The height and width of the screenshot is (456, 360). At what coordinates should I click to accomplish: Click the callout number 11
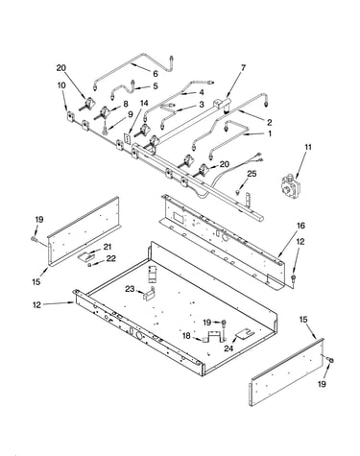(308, 147)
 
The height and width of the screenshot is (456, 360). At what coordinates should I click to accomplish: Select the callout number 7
(243, 68)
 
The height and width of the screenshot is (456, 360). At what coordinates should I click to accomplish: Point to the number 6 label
(156, 74)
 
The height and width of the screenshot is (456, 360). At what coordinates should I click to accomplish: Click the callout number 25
(252, 174)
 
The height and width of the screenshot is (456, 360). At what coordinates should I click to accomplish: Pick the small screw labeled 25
(237, 192)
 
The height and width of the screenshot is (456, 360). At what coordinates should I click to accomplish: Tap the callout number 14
(144, 103)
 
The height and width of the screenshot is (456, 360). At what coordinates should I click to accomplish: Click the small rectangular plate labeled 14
(128, 138)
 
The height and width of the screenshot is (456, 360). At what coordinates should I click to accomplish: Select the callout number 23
(130, 289)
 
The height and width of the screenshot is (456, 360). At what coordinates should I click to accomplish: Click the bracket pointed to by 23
(149, 294)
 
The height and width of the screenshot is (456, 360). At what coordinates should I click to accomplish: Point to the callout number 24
(228, 348)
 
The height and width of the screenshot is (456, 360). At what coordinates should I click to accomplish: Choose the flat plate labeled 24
(245, 334)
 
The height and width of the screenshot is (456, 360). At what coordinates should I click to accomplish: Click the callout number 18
(186, 336)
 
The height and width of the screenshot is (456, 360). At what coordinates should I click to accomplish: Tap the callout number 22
(111, 258)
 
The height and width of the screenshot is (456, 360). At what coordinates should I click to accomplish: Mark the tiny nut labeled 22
(90, 264)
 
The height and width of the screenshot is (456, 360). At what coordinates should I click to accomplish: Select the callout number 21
(108, 247)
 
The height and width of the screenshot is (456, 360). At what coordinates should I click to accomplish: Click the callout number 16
(300, 226)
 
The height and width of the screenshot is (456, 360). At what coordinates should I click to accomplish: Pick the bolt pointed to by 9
(105, 129)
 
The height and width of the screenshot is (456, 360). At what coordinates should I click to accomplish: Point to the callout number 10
(61, 85)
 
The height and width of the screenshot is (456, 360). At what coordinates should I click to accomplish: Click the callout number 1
(270, 133)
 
